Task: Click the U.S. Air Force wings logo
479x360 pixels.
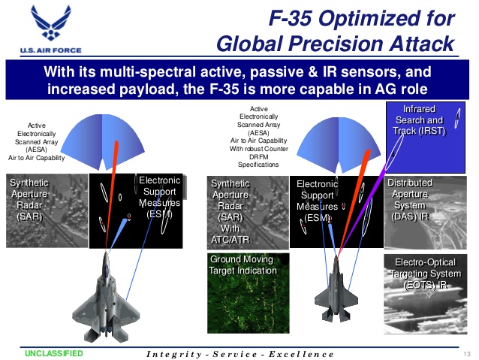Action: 51,23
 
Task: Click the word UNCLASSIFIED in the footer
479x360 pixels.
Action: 54,353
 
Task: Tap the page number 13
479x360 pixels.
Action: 466,354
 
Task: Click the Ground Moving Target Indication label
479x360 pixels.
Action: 243,265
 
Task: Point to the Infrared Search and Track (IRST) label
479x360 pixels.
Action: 419,120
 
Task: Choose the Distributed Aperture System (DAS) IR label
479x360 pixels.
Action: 410,199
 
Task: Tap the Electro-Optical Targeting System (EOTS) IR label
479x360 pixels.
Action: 426,274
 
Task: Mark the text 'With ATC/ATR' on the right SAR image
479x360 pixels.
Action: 230,234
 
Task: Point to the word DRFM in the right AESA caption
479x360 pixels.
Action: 259,157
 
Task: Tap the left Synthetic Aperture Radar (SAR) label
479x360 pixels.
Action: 29,199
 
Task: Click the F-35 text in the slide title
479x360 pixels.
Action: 291,18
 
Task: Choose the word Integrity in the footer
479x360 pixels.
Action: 174,354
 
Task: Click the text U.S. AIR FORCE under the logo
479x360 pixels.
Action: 51,50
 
